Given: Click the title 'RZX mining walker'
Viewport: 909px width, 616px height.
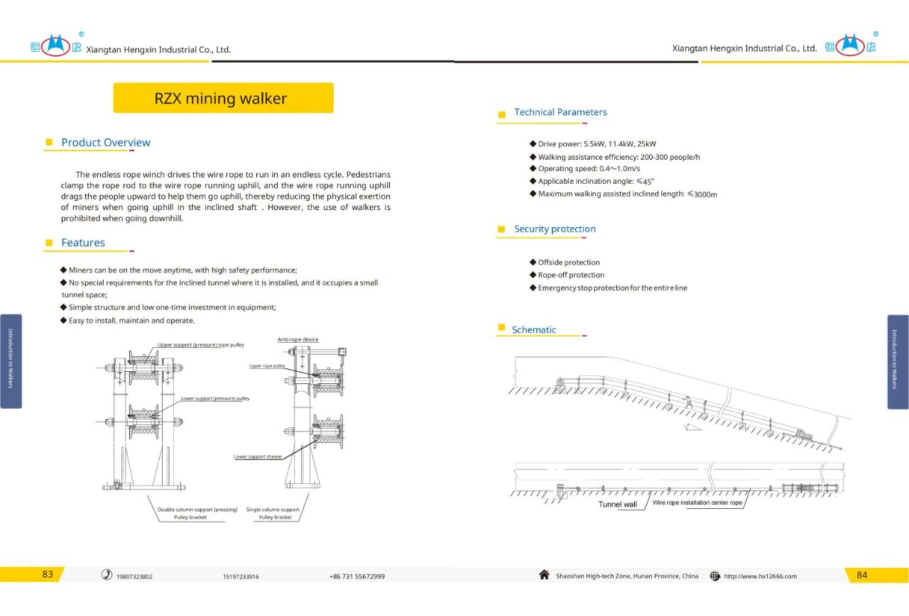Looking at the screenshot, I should pos(221,99).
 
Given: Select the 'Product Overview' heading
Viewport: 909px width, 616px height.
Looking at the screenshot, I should pos(105,143).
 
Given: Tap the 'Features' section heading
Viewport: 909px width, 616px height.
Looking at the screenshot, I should pos(82,243).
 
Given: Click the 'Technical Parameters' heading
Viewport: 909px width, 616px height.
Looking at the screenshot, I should pos(560,112).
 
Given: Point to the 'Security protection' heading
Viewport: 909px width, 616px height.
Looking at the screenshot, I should pos(555,229).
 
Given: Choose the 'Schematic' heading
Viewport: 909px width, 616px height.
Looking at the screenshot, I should pos(534,330).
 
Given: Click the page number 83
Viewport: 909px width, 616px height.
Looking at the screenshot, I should pos(48,575).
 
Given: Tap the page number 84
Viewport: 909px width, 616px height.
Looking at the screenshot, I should pos(861,575).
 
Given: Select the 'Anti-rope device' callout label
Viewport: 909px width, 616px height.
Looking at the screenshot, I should pos(298,340).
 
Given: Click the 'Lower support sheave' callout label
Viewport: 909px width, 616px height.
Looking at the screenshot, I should pos(258,457).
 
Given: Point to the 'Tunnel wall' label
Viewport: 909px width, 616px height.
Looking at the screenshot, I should pos(617,505).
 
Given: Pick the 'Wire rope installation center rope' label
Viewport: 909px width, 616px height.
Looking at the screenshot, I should pos(697,503).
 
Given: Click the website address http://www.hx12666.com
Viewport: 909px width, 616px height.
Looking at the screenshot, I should pos(760,576).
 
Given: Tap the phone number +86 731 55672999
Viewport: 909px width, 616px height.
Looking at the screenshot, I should pos(357,576).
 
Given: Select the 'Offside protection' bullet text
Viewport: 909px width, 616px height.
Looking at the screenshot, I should pos(568,263).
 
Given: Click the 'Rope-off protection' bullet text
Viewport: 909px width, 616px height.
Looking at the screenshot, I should pos(571,275).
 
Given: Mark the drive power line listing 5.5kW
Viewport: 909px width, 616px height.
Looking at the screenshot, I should pos(597,144).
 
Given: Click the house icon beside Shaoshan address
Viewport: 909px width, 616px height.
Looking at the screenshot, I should pos(544,575).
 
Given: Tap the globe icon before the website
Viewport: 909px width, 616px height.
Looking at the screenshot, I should pos(715,576).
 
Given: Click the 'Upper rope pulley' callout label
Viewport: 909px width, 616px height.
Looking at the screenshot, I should pos(267,366).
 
